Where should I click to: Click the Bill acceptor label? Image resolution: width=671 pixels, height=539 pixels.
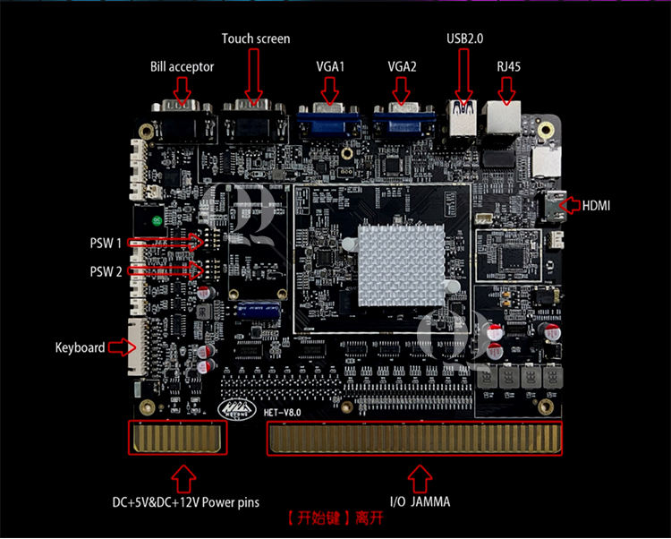(x=183, y=67)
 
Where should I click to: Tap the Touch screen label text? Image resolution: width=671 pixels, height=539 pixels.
(x=256, y=38)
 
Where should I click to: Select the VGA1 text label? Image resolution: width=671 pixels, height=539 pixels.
(x=330, y=67)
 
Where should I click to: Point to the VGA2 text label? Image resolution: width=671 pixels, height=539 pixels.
(x=403, y=67)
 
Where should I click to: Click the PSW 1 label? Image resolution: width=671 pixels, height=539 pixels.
(x=106, y=243)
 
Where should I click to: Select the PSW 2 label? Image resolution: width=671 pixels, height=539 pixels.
(x=106, y=271)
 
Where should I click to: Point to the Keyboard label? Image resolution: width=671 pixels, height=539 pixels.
(x=80, y=347)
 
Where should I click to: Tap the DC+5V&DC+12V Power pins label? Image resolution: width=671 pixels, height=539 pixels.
(x=185, y=502)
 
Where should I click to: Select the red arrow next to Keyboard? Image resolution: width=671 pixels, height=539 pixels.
(x=119, y=347)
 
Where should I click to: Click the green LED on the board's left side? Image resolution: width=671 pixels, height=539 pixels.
(x=157, y=220)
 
